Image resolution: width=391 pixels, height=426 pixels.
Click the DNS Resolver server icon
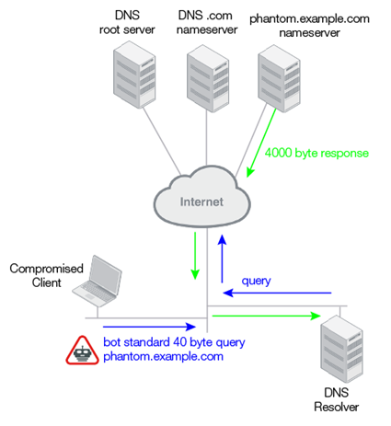[339, 353]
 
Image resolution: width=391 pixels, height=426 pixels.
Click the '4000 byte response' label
[316, 154]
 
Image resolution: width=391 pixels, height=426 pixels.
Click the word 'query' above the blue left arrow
[256, 279]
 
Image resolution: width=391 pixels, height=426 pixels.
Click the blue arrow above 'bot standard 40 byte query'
[152, 325]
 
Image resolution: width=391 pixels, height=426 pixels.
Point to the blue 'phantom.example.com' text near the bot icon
[163, 357]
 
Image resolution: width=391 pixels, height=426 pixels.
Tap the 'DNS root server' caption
[129, 22]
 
